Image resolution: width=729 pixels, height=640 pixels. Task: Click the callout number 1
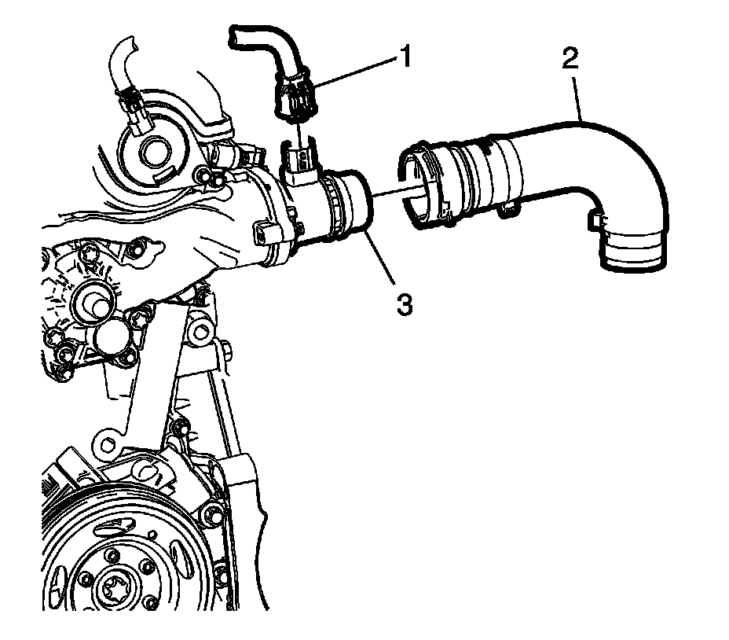point(405,57)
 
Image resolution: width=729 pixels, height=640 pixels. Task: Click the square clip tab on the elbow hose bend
point(598,223)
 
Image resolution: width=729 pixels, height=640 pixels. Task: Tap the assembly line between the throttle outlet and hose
point(388,193)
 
